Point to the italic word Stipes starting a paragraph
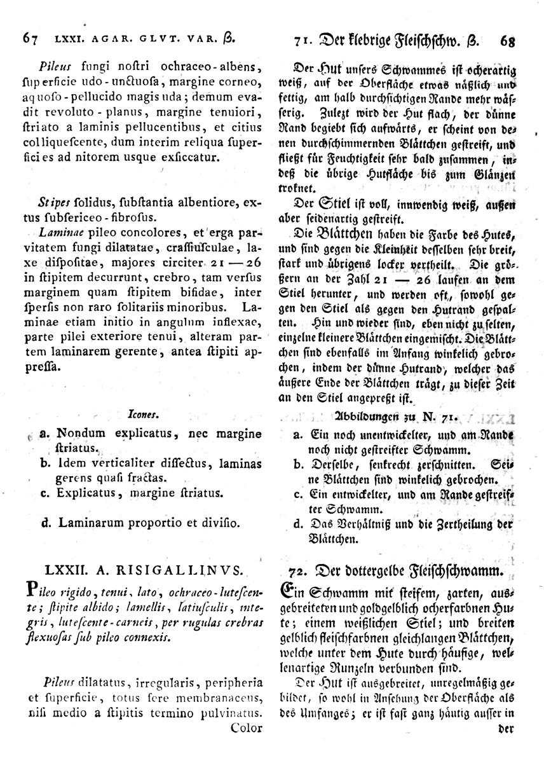53,203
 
